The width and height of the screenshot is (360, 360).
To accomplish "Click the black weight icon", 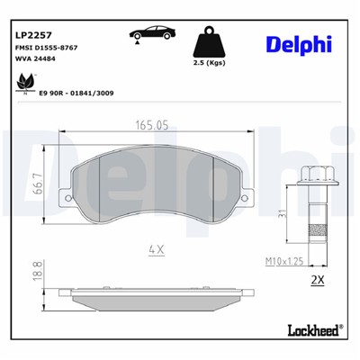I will coord(209,42).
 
